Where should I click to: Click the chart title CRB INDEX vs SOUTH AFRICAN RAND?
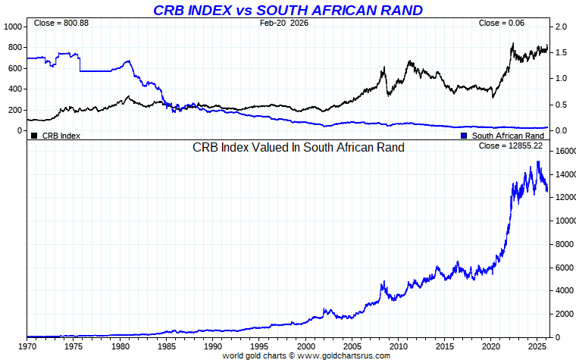(x=288, y=10)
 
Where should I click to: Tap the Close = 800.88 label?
(x=61, y=23)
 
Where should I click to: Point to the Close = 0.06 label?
(x=502, y=23)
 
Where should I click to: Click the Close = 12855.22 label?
(x=511, y=146)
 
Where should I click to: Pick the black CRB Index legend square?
(x=34, y=136)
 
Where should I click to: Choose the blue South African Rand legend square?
(x=464, y=136)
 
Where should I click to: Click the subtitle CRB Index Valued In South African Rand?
(x=299, y=147)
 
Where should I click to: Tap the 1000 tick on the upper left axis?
(x=14, y=27)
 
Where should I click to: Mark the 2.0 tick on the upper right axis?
(x=561, y=27)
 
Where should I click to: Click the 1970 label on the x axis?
(x=27, y=346)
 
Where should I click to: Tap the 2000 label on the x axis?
(x=306, y=346)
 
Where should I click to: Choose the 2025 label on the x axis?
(x=538, y=346)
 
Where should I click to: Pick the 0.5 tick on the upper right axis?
(x=561, y=105)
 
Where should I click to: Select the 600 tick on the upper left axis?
(x=16, y=68)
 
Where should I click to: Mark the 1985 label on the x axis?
(x=167, y=346)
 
